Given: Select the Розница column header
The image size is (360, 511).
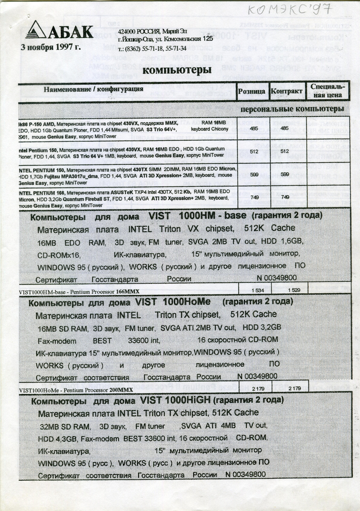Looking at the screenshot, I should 252,91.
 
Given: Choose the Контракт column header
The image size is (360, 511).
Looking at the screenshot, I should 286,91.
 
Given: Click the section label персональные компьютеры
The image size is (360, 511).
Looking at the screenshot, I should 292,109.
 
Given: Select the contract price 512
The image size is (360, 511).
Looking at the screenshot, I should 285,151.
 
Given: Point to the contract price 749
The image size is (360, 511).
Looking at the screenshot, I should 285,197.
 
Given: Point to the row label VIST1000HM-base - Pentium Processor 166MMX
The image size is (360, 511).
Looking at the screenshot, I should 80,292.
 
